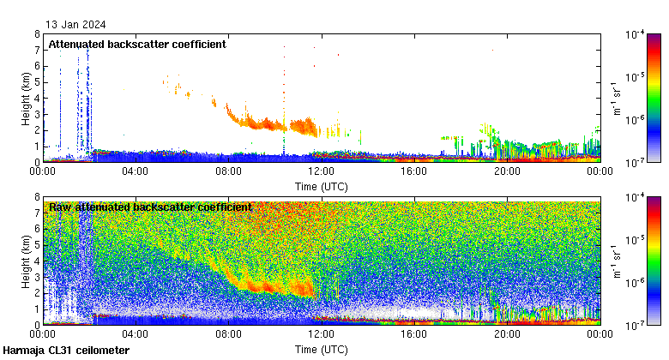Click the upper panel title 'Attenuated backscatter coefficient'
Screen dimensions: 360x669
[x=137, y=45]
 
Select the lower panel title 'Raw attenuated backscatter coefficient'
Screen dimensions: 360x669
[x=150, y=207]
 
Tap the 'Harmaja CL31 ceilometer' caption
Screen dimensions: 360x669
[x=67, y=351]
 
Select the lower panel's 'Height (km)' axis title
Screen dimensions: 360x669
[x=27, y=261]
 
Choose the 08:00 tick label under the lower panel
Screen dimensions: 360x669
[x=228, y=335]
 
